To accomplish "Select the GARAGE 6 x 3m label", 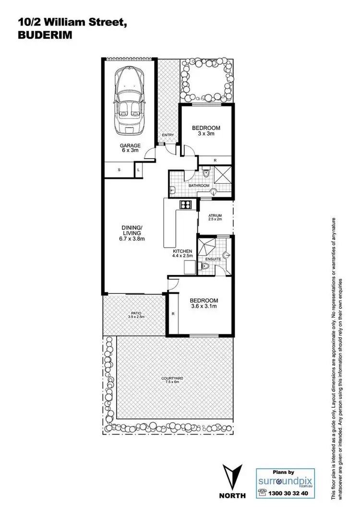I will (x=130, y=148).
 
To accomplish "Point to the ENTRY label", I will (x=168, y=136).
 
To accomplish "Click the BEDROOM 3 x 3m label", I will (x=206, y=131).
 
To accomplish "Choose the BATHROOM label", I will (x=199, y=185).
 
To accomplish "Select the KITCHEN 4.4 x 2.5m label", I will (x=183, y=254).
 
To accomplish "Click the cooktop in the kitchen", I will (x=186, y=205).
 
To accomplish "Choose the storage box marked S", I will (x=119, y=170).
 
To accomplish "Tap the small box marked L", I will (x=139, y=170).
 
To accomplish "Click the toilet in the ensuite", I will (x=203, y=270).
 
